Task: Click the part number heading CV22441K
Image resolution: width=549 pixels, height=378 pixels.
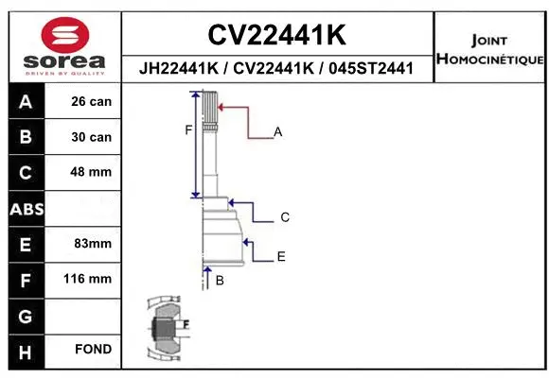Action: coord(276,35)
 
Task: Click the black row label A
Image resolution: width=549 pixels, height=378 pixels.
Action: coord(26,101)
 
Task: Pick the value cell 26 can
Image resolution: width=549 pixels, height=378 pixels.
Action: coord(92,101)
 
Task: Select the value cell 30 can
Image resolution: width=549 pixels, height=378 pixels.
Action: coord(92,137)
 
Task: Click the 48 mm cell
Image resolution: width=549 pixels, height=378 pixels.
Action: coord(92,172)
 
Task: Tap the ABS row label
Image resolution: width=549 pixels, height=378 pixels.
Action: coord(26,208)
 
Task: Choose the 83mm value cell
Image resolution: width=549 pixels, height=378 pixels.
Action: coord(92,244)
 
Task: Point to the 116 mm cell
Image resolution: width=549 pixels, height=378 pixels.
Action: coord(92,279)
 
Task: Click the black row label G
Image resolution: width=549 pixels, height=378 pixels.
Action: coord(26,315)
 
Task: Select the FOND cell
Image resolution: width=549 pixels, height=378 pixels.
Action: coord(92,350)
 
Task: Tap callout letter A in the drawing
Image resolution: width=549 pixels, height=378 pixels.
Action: coord(278,132)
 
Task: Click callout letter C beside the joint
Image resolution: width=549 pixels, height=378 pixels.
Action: coord(284,217)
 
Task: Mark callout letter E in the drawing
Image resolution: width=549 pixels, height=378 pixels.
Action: coord(281,256)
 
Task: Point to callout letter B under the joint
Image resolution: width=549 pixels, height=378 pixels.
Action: coord(220,281)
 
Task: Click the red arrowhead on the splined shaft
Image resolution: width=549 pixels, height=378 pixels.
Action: coord(221,108)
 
